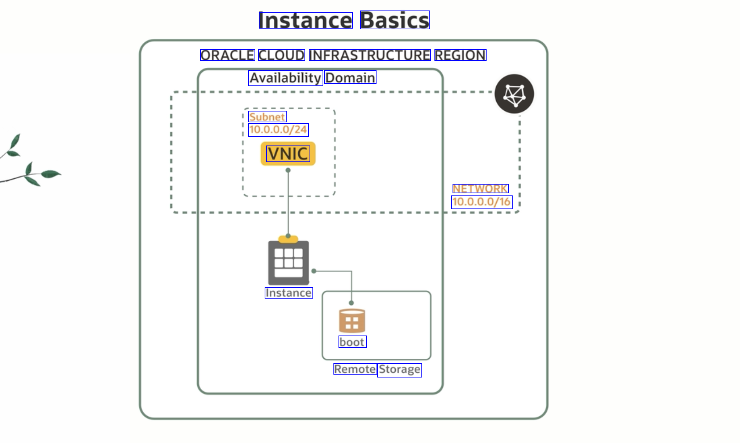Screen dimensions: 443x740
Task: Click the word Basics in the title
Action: click(395, 20)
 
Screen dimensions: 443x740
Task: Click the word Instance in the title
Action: click(306, 20)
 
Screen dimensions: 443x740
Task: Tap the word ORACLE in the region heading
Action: click(228, 55)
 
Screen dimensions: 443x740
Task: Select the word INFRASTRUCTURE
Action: click(370, 55)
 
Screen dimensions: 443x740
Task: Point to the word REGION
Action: click(460, 55)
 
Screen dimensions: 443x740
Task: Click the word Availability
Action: click(285, 78)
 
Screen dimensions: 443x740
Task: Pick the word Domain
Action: click(350, 77)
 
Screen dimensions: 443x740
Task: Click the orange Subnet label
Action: click(267, 117)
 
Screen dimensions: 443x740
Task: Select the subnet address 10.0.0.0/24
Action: click(278, 130)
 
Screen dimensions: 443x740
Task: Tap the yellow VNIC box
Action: click(288, 154)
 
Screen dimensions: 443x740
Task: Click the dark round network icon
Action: click(514, 94)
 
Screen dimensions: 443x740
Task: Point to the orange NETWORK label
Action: click(480, 189)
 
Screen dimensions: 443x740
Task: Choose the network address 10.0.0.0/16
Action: click(482, 202)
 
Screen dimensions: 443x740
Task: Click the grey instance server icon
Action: click(289, 262)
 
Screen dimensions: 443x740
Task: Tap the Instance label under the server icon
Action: click(289, 293)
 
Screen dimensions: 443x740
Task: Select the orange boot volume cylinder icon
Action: click(352, 321)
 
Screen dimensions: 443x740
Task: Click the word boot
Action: click(352, 342)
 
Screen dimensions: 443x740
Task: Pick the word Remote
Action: click(355, 369)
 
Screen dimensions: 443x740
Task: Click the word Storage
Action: click(400, 370)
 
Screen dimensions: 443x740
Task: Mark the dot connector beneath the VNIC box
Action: click(288, 170)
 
